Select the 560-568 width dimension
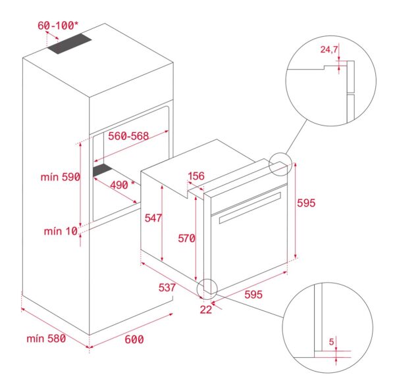(x=128, y=136)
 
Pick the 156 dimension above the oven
(x=196, y=176)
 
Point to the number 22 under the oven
(x=206, y=310)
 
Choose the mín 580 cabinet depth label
(x=49, y=339)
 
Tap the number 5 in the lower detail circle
(x=332, y=342)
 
